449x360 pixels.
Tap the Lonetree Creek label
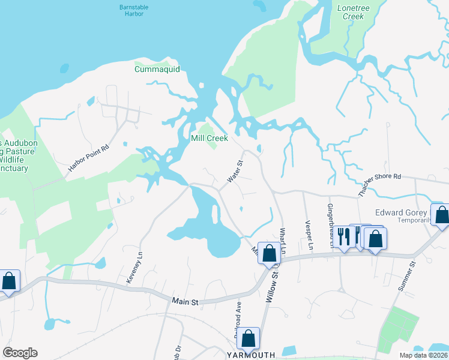pos(353,12)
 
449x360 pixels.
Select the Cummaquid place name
pos(157,69)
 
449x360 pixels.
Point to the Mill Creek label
pos(209,138)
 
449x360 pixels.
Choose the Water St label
pos(235,171)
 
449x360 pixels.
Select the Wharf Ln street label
pos(284,239)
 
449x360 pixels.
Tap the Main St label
pos(185,302)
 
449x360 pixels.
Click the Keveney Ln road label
pos(140,263)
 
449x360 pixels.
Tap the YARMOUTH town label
pos(250,355)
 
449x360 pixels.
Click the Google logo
pos(20,353)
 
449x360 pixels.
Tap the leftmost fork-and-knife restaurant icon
pos(344,235)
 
